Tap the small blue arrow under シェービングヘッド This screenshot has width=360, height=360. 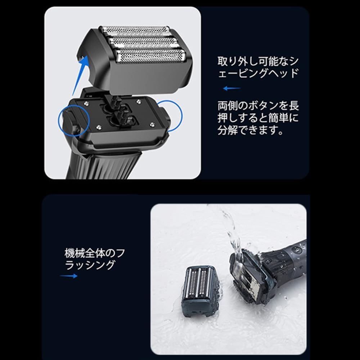tap(231, 88)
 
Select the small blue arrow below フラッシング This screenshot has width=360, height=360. tap(68, 276)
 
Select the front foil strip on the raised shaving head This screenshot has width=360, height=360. tap(150, 56)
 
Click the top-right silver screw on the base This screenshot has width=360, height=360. tap(139, 101)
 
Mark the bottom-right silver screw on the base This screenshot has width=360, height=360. tap(152, 125)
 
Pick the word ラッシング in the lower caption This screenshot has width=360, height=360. tap(90, 265)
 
